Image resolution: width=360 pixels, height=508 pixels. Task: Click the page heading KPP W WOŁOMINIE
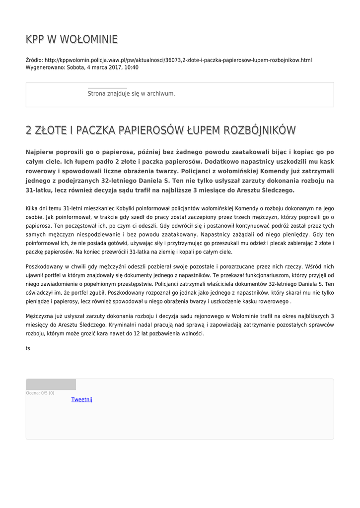72,39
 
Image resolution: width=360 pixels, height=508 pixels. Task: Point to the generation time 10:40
132,67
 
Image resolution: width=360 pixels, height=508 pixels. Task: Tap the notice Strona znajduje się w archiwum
131,93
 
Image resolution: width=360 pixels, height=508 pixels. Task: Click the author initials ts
28,348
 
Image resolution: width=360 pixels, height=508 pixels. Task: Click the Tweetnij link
82,400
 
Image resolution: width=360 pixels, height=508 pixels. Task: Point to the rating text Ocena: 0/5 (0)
40,393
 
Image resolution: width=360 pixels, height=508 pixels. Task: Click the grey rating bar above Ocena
51,384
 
